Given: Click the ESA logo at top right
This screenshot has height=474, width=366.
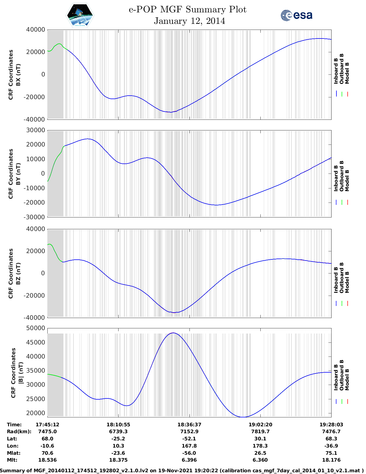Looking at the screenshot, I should [297, 15].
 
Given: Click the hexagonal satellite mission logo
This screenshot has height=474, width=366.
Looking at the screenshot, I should [80, 16].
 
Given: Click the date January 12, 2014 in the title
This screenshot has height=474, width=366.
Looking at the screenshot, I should [189, 21].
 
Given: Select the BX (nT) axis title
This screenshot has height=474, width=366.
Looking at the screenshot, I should [18, 75].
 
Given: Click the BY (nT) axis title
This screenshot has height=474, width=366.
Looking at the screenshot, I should [18, 174].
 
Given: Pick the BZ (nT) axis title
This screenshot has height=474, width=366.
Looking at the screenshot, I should [18, 273].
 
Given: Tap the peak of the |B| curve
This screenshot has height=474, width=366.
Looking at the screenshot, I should [173, 333].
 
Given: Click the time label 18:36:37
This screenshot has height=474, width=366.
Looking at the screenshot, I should [189, 425].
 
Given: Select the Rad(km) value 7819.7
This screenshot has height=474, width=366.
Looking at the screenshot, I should [260, 431].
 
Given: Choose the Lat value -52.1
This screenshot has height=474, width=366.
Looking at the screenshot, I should [189, 439].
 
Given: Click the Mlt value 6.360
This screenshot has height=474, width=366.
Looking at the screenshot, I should [260, 460].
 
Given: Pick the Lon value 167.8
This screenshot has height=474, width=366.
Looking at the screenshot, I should [189, 446].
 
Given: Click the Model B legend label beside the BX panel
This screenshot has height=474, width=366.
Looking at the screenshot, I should [347, 73].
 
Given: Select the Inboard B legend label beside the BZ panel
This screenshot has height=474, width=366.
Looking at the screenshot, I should [336, 280].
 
